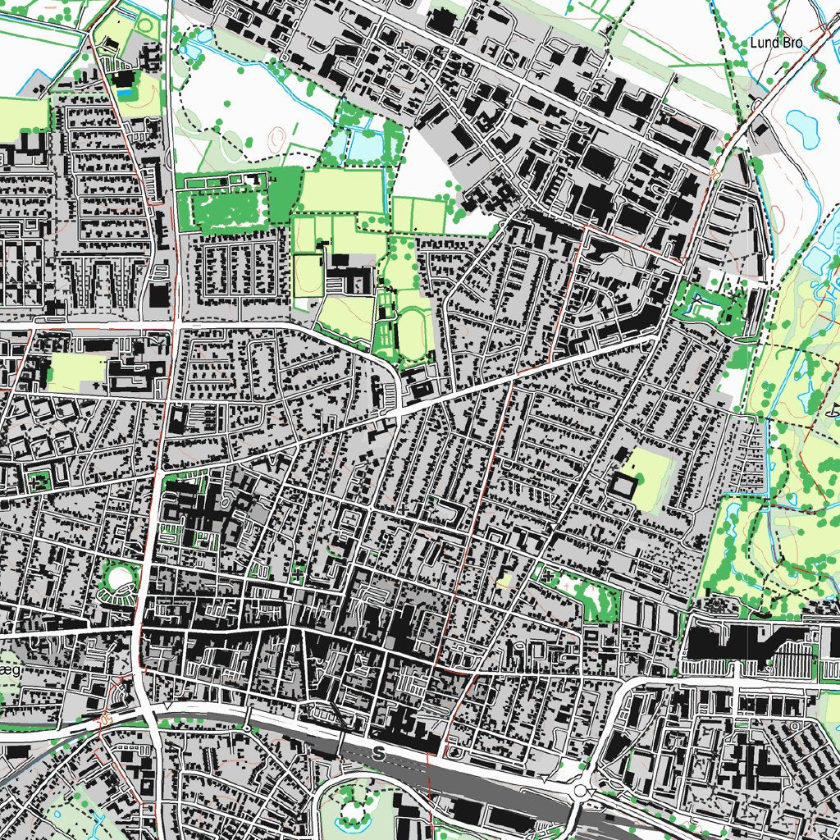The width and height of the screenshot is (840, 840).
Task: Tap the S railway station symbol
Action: [378, 752]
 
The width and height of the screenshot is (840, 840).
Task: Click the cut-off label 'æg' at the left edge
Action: [10, 670]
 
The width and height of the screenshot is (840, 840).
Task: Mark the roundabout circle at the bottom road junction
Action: [582, 791]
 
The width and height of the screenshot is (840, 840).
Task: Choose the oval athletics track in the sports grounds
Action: [409, 336]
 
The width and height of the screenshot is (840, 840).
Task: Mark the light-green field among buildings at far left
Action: [78, 372]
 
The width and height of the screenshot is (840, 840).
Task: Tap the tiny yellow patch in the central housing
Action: [503, 581]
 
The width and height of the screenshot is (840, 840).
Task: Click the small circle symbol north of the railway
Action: [246, 727]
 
